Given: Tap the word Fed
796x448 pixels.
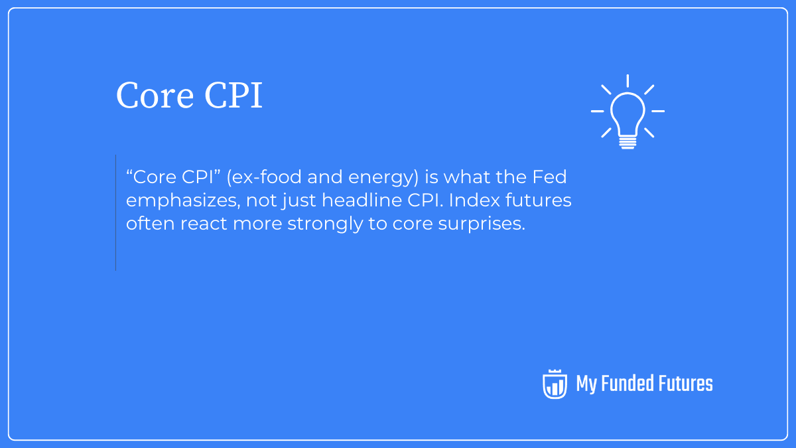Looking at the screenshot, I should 551,178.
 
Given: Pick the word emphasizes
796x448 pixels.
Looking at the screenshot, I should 178,201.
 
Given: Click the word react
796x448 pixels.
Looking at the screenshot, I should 204,224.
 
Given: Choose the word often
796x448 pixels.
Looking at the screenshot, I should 151,224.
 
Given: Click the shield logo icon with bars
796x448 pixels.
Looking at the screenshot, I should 555,384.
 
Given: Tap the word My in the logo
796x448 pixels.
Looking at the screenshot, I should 586,384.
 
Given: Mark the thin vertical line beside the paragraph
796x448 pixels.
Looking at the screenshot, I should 115,212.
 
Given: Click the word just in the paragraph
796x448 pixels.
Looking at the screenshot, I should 295,201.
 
